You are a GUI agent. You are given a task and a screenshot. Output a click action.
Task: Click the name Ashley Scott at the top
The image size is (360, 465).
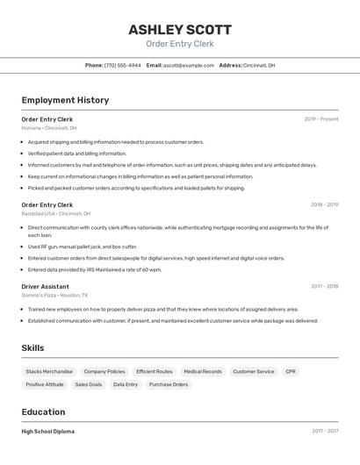pos(179,29)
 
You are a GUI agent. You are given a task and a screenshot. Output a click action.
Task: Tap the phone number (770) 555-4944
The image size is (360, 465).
pos(122,65)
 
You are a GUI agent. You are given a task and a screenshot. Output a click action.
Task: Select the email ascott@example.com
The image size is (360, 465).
pos(188,65)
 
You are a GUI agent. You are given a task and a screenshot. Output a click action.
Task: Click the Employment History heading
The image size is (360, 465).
pos(65,100)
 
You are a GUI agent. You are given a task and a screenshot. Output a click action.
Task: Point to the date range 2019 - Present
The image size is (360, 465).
pos(321,119)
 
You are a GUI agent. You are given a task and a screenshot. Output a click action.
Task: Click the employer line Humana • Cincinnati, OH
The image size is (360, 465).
pos(49,128)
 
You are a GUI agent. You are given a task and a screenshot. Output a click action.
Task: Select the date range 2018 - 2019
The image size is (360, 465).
pos(324,205)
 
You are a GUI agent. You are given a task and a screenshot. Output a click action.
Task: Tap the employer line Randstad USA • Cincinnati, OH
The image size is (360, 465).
pos(55,213)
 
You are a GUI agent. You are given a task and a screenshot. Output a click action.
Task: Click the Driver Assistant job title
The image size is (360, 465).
pos(45,286)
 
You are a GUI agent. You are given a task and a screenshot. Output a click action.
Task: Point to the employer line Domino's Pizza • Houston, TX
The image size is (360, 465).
pos(55,295)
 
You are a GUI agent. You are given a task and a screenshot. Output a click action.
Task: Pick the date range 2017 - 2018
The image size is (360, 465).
pos(324,286)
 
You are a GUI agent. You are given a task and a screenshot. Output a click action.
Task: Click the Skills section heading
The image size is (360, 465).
pos(32,348)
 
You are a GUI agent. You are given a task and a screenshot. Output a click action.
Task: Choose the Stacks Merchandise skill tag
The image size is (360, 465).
pos(49,372)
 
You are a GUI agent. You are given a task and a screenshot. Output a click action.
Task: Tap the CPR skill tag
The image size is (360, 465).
pos(291,372)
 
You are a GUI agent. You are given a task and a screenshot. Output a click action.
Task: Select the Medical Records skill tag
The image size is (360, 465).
pos(202,372)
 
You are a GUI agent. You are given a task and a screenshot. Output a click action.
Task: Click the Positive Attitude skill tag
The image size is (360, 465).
pos(45,384)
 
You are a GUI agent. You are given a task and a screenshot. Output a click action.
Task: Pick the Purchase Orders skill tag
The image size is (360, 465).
pos(169,384)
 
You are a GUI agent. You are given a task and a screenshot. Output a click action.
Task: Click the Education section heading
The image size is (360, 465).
pos(43,412)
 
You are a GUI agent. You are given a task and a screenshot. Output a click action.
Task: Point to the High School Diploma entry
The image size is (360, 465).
pos(47,432)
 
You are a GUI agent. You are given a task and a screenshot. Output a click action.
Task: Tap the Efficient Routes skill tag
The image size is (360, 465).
pos(154,372)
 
